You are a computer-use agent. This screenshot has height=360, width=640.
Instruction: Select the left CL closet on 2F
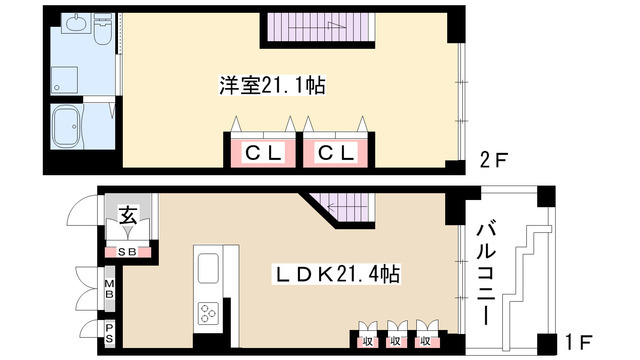[262, 153]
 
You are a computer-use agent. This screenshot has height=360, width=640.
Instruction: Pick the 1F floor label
[578, 341]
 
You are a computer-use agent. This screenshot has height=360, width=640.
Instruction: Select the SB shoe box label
[128, 250]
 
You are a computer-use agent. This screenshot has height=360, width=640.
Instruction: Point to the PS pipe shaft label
[108, 331]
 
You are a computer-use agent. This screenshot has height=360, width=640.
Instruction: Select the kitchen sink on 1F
[208, 269]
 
